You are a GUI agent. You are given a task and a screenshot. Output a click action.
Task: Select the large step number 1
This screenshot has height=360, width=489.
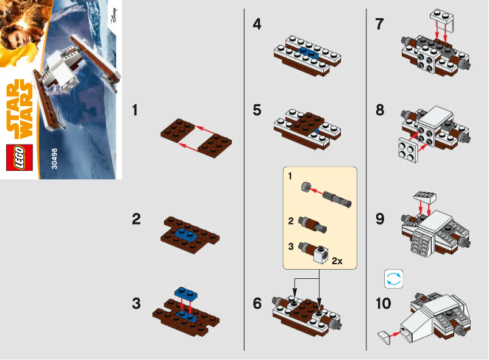coord(138,110)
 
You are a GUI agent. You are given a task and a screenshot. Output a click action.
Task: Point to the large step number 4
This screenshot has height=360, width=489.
coord(258,25)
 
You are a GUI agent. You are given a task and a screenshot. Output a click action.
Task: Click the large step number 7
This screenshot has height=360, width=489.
coord(380,25)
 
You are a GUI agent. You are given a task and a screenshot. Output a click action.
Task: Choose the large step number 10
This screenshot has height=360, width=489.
coord(384,303)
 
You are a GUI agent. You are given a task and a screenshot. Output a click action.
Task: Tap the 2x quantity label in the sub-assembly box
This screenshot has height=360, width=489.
coord(337,261)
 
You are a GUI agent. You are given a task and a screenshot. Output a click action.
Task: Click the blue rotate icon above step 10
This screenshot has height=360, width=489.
coord(393,279)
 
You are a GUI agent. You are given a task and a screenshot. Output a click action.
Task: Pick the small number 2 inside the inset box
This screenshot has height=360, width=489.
coord(291,218)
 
